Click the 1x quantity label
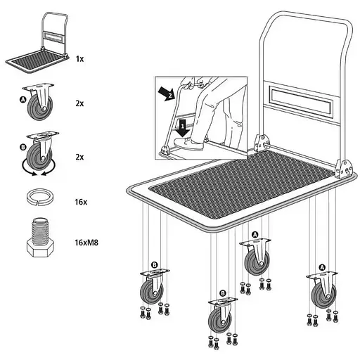pos(79,59)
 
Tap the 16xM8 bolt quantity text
pos(86,243)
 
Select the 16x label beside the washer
pos(81,202)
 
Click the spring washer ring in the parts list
pos(40,198)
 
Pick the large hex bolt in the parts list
pos(40,237)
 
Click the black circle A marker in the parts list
pos(22,100)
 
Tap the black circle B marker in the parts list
pos(23,147)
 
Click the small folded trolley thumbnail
pos(37,44)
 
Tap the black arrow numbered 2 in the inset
pos(167,94)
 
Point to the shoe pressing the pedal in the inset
pos(189,143)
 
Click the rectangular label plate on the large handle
pos(301,101)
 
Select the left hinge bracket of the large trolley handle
pos(260,143)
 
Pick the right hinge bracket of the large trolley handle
pos(344,168)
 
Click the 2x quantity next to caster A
pos(79,103)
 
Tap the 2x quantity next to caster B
pos(79,157)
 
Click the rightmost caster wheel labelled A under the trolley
pos(323,290)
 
